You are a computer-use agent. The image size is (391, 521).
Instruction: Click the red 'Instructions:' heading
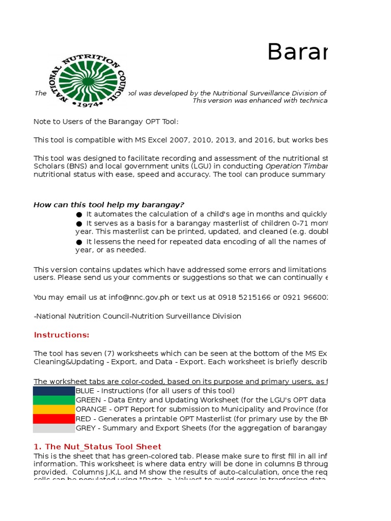(61, 335)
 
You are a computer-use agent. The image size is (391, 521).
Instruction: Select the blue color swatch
(54, 391)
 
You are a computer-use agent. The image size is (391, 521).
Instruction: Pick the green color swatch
(54, 400)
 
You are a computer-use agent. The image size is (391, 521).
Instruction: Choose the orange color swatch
(54, 409)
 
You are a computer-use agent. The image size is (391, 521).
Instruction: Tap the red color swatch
(54, 419)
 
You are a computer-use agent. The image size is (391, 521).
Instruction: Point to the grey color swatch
(54, 428)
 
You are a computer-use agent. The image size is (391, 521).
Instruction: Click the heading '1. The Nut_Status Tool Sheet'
(97, 446)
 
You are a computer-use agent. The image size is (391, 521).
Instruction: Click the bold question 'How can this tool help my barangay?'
(109, 205)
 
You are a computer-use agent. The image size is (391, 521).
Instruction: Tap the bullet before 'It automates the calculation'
(79, 214)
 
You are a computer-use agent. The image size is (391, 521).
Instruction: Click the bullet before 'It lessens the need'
(79, 242)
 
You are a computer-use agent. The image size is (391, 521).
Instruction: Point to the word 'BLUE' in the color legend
(85, 391)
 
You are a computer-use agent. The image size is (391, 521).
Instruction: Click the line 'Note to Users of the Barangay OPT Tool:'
(106, 122)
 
